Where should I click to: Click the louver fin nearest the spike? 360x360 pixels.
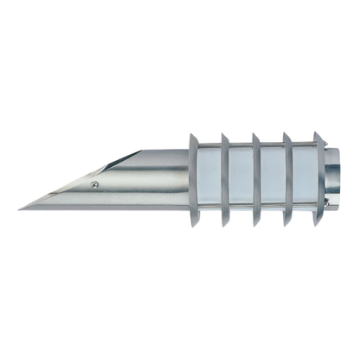pyautogui.click(x=194, y=179)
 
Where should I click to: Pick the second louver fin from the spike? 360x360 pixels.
pyautogui.click(x=225, y=179)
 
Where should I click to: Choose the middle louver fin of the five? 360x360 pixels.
pyautogui.click(x=256, y=179)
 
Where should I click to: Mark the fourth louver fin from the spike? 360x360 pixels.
pyautogui.click(x=287, y=179)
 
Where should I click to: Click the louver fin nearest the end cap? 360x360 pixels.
pyautogui.click(x=318, y=179)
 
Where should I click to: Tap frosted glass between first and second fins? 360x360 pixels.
pyautogui.click(x=210, y=179)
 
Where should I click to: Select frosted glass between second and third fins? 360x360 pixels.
pyautogui.click(x=241, y=179)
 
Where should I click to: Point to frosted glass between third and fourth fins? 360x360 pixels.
pyautogui.click(x=273, y=179)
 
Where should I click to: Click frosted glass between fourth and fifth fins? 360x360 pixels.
pyautogui.click(x=304, y=179)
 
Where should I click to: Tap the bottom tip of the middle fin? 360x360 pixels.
pyautogui.click(x=258, y=224)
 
